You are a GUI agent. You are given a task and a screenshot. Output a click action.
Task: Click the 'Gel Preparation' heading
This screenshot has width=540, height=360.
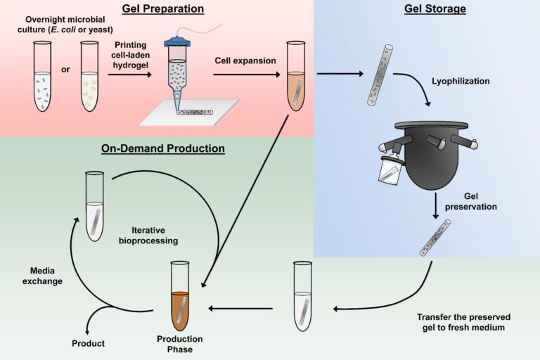[x=162, y=9]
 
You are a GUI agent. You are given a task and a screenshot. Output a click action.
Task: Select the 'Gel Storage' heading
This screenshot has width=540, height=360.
[x=435, y=9]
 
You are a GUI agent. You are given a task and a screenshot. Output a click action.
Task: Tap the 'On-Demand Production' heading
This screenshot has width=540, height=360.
[x=163, y=148]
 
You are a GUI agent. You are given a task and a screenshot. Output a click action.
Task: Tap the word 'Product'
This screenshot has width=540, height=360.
[x=89, y=343]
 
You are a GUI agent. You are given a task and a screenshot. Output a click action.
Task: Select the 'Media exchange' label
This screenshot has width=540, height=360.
[x=46, y=276]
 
